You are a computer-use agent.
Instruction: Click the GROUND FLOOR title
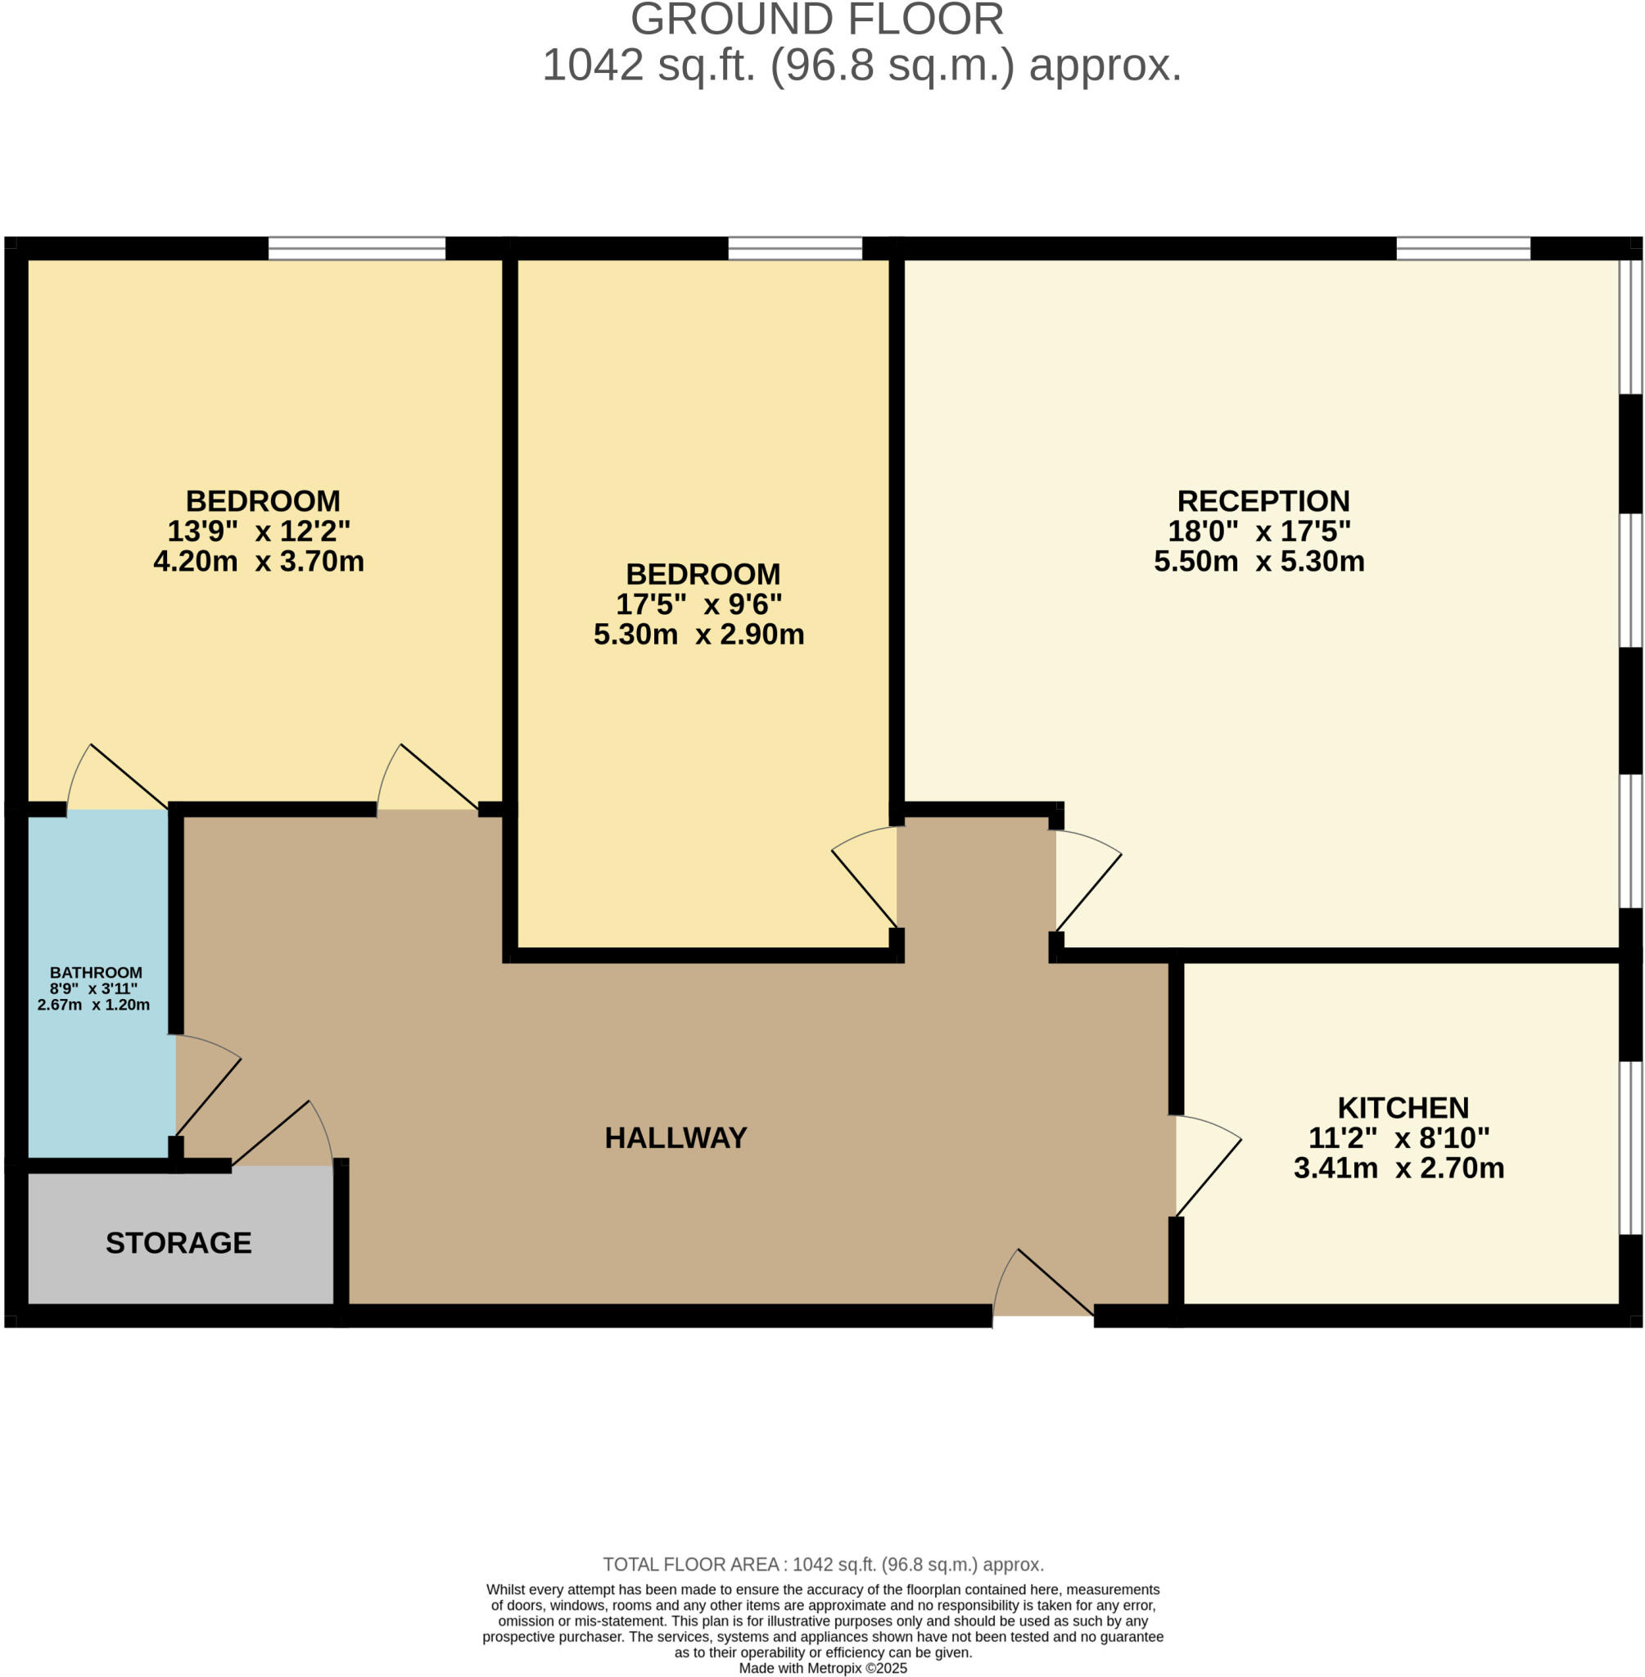816,19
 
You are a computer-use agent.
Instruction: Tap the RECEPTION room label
1263,501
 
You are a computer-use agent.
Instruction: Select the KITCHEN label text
1403,1108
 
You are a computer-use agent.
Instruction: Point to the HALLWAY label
676,1138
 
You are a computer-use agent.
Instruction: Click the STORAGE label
179,1242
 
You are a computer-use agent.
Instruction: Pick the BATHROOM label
96,973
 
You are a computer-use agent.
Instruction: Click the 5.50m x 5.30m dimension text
1259,562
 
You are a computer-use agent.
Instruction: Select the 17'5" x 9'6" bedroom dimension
699,604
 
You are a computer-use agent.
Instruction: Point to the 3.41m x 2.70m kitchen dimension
1399,1168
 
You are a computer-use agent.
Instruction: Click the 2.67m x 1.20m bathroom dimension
93,1005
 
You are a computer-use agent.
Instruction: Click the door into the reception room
1088,880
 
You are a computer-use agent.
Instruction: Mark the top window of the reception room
1463,248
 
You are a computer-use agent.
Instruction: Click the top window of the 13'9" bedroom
357,248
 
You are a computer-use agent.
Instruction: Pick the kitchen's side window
1630,1148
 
